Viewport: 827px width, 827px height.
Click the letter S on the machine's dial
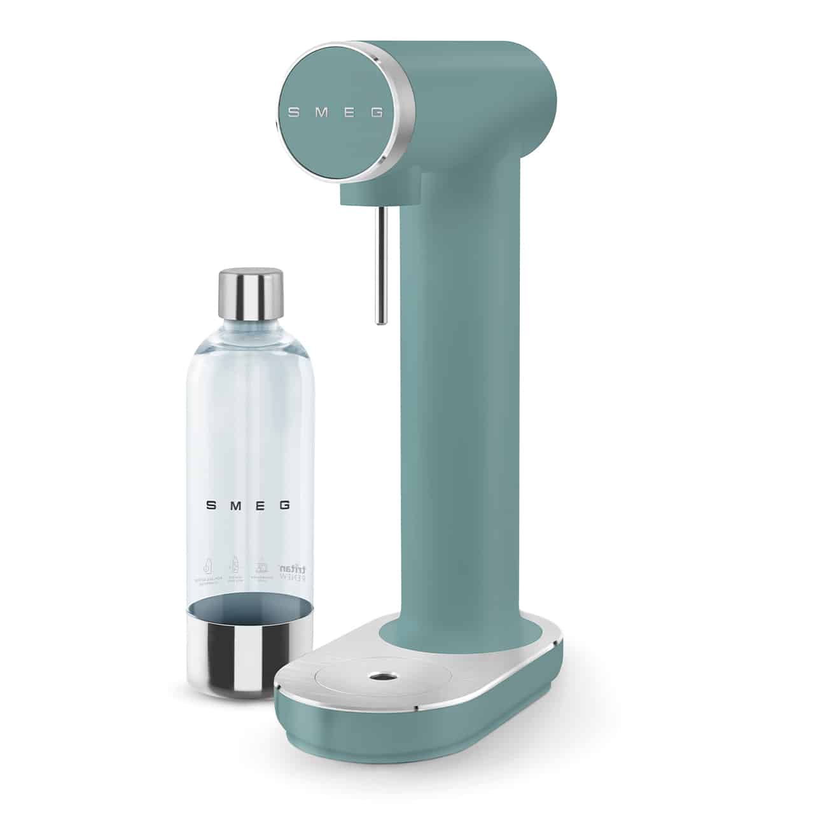coord(294,113)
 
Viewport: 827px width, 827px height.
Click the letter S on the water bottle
coord(211,506)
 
